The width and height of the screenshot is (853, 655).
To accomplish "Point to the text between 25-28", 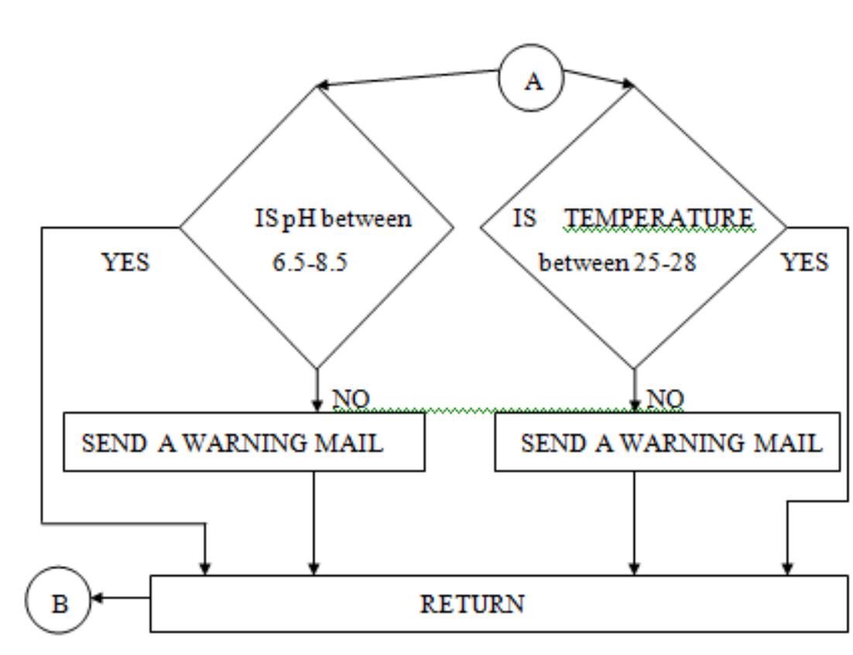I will click(617, 263).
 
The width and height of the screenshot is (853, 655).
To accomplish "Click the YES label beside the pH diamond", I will click(125, 263).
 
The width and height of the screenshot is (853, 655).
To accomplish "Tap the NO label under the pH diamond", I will click(350, 399).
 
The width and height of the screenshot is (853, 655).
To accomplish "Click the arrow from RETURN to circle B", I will click(120, 598).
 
